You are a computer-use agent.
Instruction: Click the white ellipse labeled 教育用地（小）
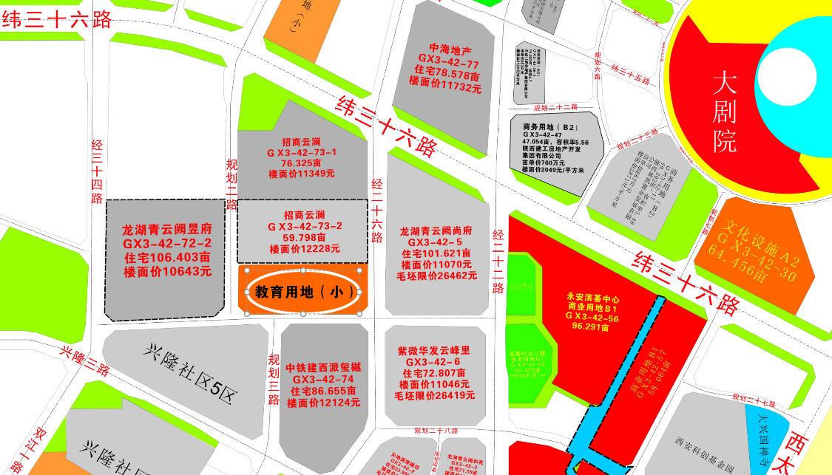pyautogui.click(x=303, y=292)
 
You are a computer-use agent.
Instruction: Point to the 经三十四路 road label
pyautogui.click(x=96, y=171)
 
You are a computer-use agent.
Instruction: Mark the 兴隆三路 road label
pyautogui.click(x=86, y=360)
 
